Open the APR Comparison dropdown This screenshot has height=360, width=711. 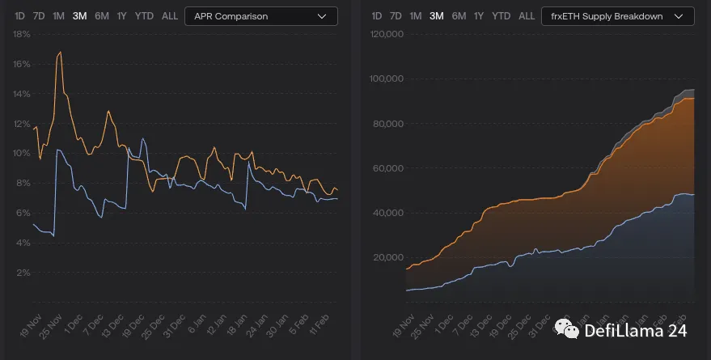[x=260, y=16]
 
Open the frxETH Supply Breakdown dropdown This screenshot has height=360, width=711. [x=617, y=16]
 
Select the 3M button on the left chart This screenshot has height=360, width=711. [x=79, y=16]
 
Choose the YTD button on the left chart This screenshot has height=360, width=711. [x=145, y=16]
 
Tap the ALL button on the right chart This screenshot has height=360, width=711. [x=526, y=16]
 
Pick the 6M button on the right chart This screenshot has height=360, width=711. [x=459, y=16]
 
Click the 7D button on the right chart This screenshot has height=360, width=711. [x=395, y=16]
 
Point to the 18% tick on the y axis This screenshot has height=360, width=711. [x=22, y=34]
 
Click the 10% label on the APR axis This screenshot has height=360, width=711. [x=22, y=153]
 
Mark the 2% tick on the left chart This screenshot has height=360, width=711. [x=24, y=273]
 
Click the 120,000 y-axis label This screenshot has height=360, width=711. [x=386, y=34]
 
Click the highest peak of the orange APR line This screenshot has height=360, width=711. [x=60, y=53]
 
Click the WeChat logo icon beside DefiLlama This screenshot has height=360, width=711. [x=572, y=329]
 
